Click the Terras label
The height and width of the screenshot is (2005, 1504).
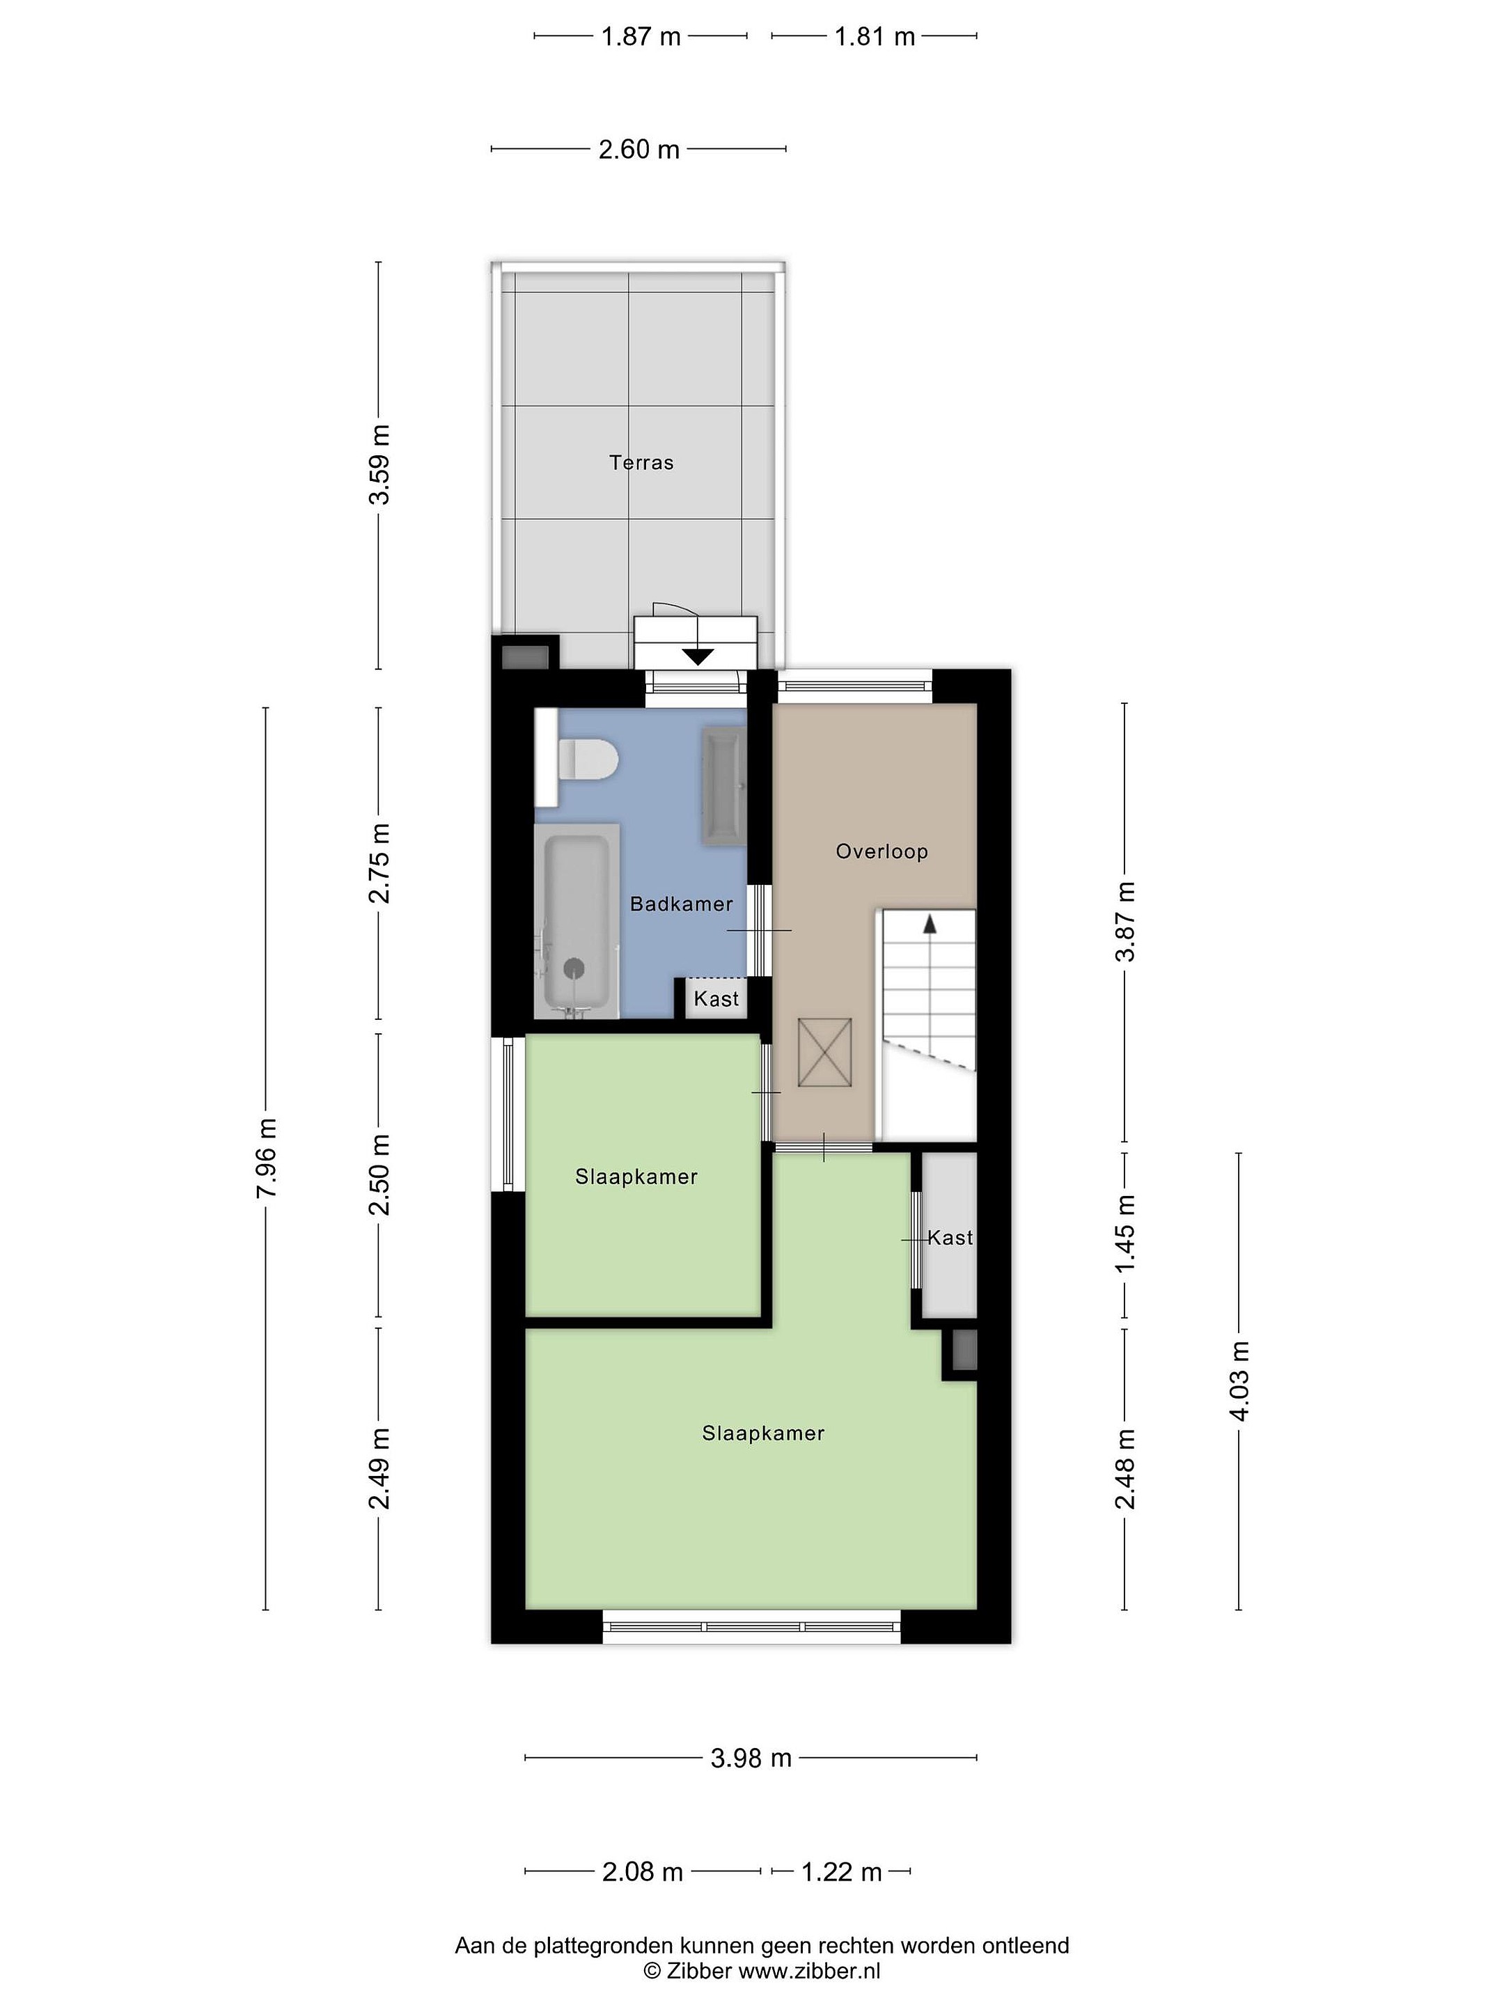[641, 462]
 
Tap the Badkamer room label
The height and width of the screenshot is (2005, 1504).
[681, 904]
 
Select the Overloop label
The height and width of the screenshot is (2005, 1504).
[882, 851]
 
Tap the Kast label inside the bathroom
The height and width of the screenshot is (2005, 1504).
[716, 999]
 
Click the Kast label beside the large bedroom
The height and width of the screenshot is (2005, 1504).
[950, 1237]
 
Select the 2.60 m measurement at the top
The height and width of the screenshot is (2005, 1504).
[639, 149]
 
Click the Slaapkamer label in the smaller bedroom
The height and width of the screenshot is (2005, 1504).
[636, 1177]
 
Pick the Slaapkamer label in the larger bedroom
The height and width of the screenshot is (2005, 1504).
[763, 1433]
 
